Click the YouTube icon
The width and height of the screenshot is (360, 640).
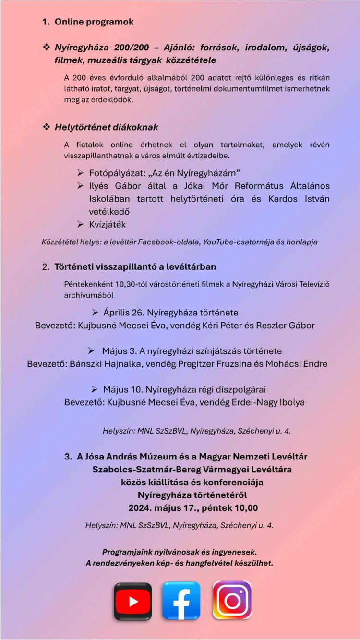pyautogui.click(x=132, y=601)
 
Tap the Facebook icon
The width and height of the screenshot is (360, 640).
pyautogui.click(x=181, y=601)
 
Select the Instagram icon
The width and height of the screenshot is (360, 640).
pyautogui.click(x=232, y=600)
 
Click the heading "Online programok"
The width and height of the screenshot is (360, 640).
pyautogui.click(x=94, y=22)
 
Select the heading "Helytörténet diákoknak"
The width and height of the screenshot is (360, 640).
pyautogui.click(x=106, y=127)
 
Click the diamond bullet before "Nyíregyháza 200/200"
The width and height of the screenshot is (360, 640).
pyautogui.click(x=47, y=48)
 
